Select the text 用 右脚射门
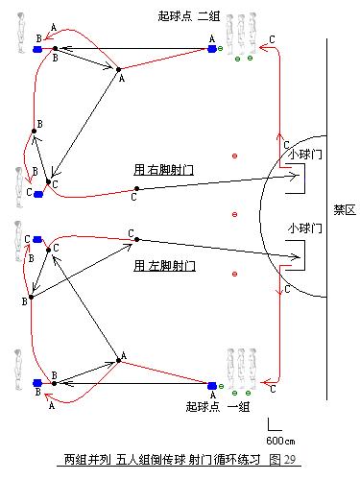tap(165, 169)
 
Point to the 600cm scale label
tap(280, 439)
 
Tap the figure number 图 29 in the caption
tap(283, 460)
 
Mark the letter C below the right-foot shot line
tap(132, 198)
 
